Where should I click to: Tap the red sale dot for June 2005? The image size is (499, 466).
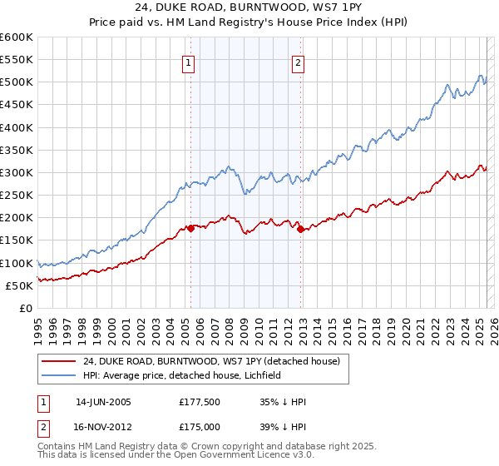click(190, 228)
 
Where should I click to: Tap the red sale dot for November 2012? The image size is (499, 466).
click(301, 229)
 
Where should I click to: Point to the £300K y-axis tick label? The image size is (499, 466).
click(16, 172)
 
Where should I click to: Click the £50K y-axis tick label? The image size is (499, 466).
click(19, 285)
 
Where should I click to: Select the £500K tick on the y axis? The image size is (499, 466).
click(16, 82)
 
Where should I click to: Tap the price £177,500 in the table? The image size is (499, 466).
click(198, 402)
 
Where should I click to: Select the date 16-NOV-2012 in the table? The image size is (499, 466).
click(104, 425)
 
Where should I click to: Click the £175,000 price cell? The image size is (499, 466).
click(198, 425)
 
